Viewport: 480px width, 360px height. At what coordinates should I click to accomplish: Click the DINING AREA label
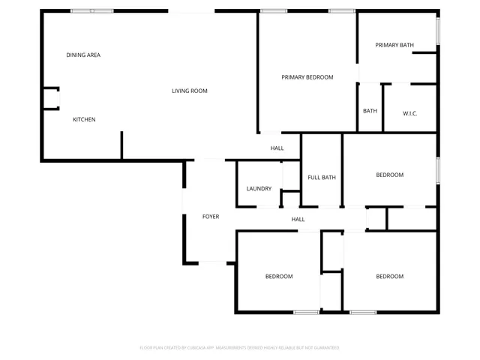pyautogui.click(x=83, y=55)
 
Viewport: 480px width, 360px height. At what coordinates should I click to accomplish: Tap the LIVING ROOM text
pyautogui.click(x=189, y=91)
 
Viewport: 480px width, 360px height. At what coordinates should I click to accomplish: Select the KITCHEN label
pyautogui.click(x=84, y=119)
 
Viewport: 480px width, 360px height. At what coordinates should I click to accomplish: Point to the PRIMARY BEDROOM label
pyautogui.click(x=307, y=77)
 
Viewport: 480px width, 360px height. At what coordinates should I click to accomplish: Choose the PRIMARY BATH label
pyautogui.click(x=394, y=45)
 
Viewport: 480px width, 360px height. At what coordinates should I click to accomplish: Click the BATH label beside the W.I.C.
pyautogui.click(x=370, y=111)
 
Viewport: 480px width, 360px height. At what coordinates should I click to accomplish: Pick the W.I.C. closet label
pyautogui.click(x=409, y=113)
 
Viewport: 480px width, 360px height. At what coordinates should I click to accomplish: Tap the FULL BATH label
pyautogui.click(x=322, y=177)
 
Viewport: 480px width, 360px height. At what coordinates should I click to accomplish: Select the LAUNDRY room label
pyautogui.click(x=259, y=188)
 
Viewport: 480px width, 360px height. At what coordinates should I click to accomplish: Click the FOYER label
pyautogui.click(x=211, y=217)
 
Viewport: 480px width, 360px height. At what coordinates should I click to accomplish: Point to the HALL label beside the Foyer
pyautogui.click(x=298, y=219)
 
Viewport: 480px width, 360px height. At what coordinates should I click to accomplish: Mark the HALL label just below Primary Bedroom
pyautogui.click(x=277, y=148)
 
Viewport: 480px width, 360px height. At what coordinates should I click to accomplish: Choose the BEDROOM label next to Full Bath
pyautogui.click(x=389, y=175)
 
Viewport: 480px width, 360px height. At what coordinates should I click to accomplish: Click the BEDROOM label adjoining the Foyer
pyautogui.click(x=279, y=276)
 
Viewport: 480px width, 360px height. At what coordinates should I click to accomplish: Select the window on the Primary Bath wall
pyautogui.click(x=438, y=29)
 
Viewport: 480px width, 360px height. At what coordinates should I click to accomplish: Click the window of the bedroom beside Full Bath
pyautogui.click(x=438, y=169)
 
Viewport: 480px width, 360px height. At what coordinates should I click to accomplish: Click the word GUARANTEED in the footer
pyautogui.click(x=324, y=348)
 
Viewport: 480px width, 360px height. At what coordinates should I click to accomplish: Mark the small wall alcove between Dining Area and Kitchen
pyautogui.click(x=51, y=99)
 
